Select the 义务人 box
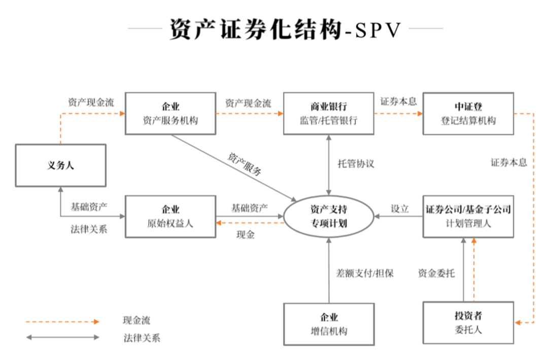coord(60,166)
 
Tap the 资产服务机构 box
coord(170,113)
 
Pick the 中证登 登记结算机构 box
coord(468,113)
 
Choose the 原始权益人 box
coord(170,216)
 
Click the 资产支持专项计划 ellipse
coord(328,216)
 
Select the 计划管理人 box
coord(468,216)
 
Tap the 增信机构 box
coord(328,324)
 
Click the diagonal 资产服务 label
coord(245,163)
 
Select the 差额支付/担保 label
coord(365,273)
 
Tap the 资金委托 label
coord(436,273)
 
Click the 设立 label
coord(400,208)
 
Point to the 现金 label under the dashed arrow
coord(246,235)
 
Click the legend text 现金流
coord(136,320)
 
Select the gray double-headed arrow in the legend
coord(63,337)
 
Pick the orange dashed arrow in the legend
coord(63,321)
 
